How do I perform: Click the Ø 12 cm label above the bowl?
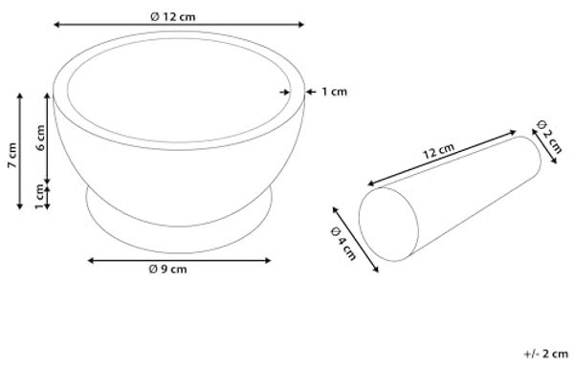coord(173,17)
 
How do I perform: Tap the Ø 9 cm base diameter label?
coord(167,269)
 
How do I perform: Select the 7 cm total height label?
coord(12,155)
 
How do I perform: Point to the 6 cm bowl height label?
coord(40,138)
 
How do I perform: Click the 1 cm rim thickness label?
coord(334,92)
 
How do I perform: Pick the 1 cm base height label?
coord(39,197)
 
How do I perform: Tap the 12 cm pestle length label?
coord(438,151)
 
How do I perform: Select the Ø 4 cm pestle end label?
coord(343,244)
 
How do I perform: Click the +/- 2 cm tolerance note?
coord(546,354)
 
